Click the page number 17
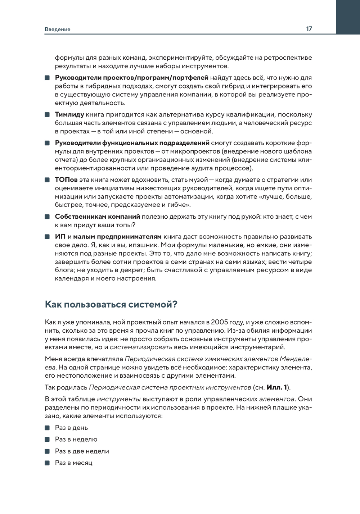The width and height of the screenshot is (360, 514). click(309, 29)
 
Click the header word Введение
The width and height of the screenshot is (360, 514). click(58, 29)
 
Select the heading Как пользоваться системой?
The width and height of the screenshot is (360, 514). click(111, 305)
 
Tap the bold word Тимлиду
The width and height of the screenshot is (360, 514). click(69, 115)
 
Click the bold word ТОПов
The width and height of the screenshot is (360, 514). click(66, 180)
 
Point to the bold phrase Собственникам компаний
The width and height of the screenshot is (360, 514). click(98, 217)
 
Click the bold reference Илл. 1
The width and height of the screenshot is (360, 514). click(276, 387)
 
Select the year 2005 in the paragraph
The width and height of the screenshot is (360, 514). click(219, 322)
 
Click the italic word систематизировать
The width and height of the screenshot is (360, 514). click(141, 347)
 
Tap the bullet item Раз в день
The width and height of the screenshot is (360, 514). click(71, 428)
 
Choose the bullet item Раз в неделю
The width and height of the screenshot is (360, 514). click(76, 440)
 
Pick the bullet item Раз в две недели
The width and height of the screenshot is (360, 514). click(82, 451)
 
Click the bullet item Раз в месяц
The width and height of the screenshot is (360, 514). click(73, 463)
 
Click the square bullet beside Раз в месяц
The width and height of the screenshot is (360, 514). click(47, 463)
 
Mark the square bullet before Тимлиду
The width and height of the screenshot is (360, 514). click(47, 115)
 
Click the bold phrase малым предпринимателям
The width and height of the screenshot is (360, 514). click(117, 237)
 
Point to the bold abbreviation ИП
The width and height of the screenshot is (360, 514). click(60, 237)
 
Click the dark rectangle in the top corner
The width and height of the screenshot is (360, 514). click(348, 17)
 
